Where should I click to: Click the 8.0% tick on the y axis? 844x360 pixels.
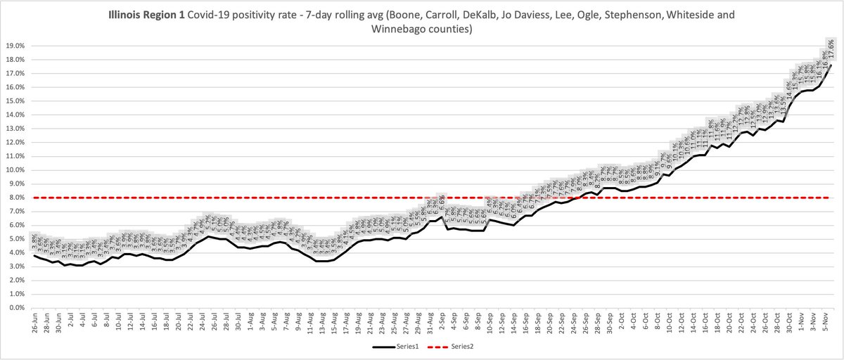pos(13,198)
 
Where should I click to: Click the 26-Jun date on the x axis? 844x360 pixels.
pos(35,324)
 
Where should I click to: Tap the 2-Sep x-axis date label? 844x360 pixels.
pos(441,324)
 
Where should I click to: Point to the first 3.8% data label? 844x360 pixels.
pos(34,240)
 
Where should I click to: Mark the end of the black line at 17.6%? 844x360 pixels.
pos(831,65)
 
